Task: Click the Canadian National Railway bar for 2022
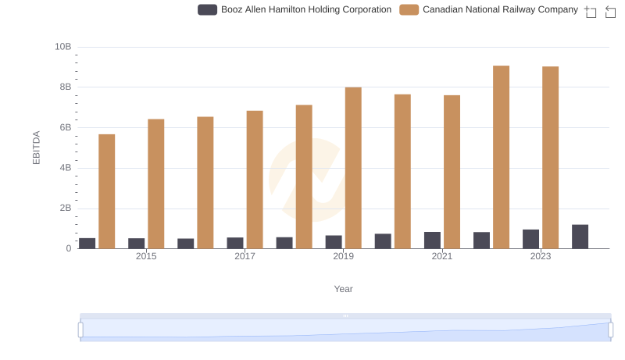coord(502,157)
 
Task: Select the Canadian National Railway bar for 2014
coord(107,191)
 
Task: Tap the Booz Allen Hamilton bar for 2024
coord(580,237)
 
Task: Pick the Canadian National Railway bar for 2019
coord(353,168)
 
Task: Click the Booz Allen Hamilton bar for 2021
coord(432,241)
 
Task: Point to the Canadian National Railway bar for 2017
coord(255,180)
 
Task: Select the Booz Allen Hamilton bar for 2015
coord(137,244)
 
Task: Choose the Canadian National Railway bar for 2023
coord(551,158)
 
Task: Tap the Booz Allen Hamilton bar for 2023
coord(531,239)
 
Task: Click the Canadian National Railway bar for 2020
coord(402,172)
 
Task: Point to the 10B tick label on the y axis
coord(62,47)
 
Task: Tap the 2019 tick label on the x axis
coord(343,257)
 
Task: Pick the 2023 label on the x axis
coord(541,257)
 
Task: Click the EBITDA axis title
coord(36,148)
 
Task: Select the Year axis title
coord(344,289)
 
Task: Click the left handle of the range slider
coord(80,330)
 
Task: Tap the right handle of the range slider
coord(611,330)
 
